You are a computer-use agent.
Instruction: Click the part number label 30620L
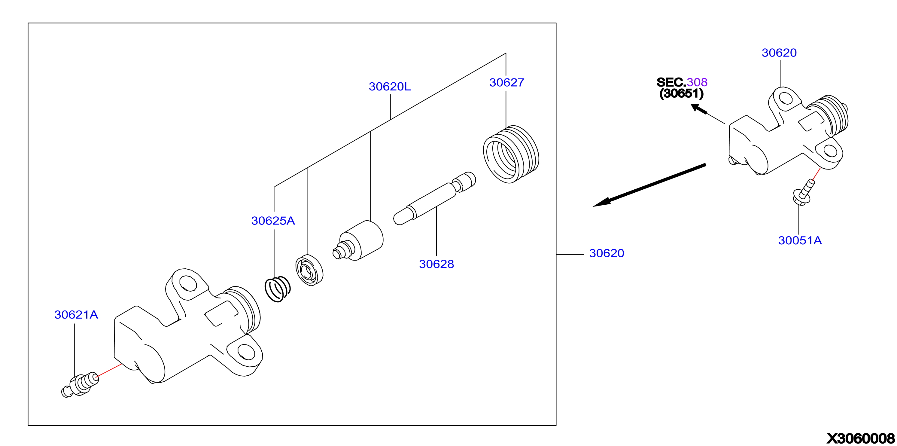tap(390, 87)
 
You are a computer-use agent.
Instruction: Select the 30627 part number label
tap(507, 83)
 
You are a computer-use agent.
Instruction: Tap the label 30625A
tap(273, 221)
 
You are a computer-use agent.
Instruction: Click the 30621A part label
tap(76, 315)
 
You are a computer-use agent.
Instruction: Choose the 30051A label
tap(800, 240)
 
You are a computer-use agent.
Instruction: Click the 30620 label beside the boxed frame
tap(607, 253)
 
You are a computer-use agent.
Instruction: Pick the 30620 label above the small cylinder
tap(779, 53)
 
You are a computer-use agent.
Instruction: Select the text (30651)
tap(681, 93)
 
